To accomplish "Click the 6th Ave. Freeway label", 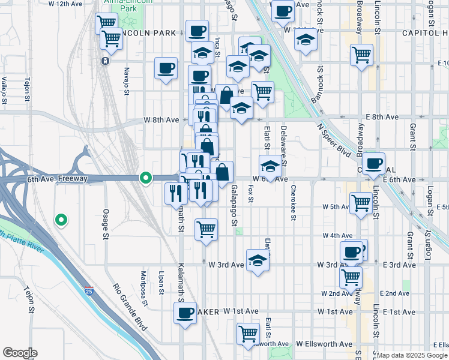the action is (58, 179).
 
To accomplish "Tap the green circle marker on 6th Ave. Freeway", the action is (145, 178).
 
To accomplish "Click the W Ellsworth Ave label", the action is (325, 344).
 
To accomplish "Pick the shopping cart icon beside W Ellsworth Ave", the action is (248, 333).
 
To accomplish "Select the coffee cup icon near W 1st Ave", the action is (185, 312).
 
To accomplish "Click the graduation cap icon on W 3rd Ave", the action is (258, 261).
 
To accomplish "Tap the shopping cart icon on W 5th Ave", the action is (361, 202).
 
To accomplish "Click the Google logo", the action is (20, 353).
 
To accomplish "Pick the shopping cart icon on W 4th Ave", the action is (206, 229).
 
